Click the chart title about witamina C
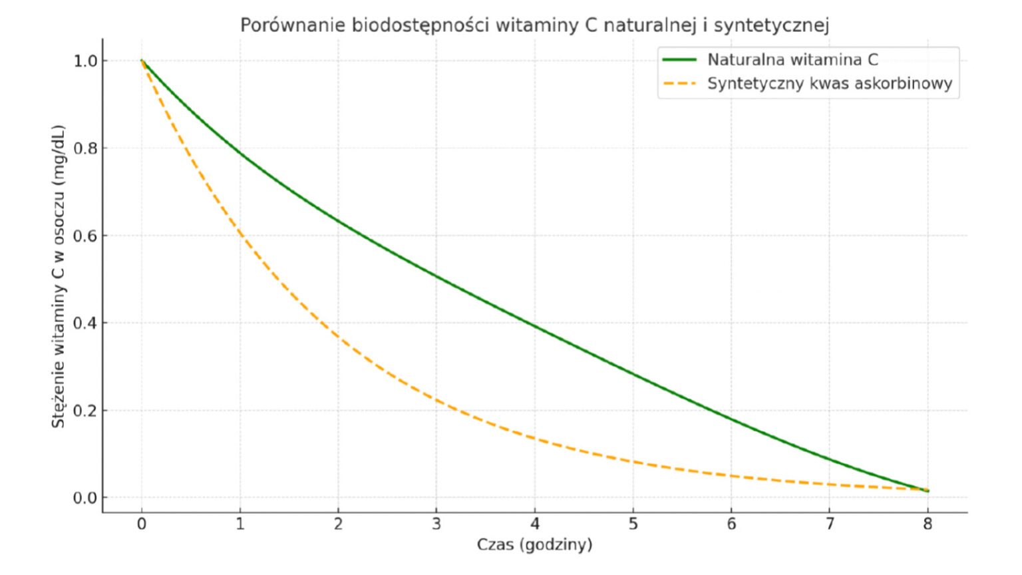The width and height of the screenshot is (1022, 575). [x=534, y=25]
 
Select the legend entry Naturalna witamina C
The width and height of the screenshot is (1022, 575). [x=792, y=60]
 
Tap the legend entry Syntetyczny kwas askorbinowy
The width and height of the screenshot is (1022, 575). [x=829, y=84]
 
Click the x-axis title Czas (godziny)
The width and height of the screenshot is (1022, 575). [x=534, y=544]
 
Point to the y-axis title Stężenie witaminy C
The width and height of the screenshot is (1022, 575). [x=59, y=276]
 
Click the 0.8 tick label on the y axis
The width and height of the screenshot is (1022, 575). [x=85, y=148]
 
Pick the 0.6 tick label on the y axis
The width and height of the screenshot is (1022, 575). [x=85, y=236]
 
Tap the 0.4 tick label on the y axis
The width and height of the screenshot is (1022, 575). [x=85, y=323]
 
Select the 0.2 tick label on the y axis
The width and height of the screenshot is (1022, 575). [x=85, y=411]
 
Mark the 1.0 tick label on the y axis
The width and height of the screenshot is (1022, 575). [x=85, y=61]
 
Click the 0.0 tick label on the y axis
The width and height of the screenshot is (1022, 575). [x=85, y=498]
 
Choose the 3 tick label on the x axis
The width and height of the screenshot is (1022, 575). [x=436, y=524]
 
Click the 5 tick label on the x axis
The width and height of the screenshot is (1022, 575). [x=633, y=524]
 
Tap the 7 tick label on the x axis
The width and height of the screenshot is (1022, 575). [x=830, y=524]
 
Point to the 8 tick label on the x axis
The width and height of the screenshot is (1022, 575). [x=928, y=524]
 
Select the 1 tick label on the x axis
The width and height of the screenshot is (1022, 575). [x=240, y=524]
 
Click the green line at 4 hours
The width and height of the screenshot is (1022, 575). [x=535, y=325]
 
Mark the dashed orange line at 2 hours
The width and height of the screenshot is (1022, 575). [x=338, y=337]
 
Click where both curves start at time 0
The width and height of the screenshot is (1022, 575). [x=142, y=61]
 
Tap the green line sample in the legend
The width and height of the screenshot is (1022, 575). [x=679, y=60]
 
